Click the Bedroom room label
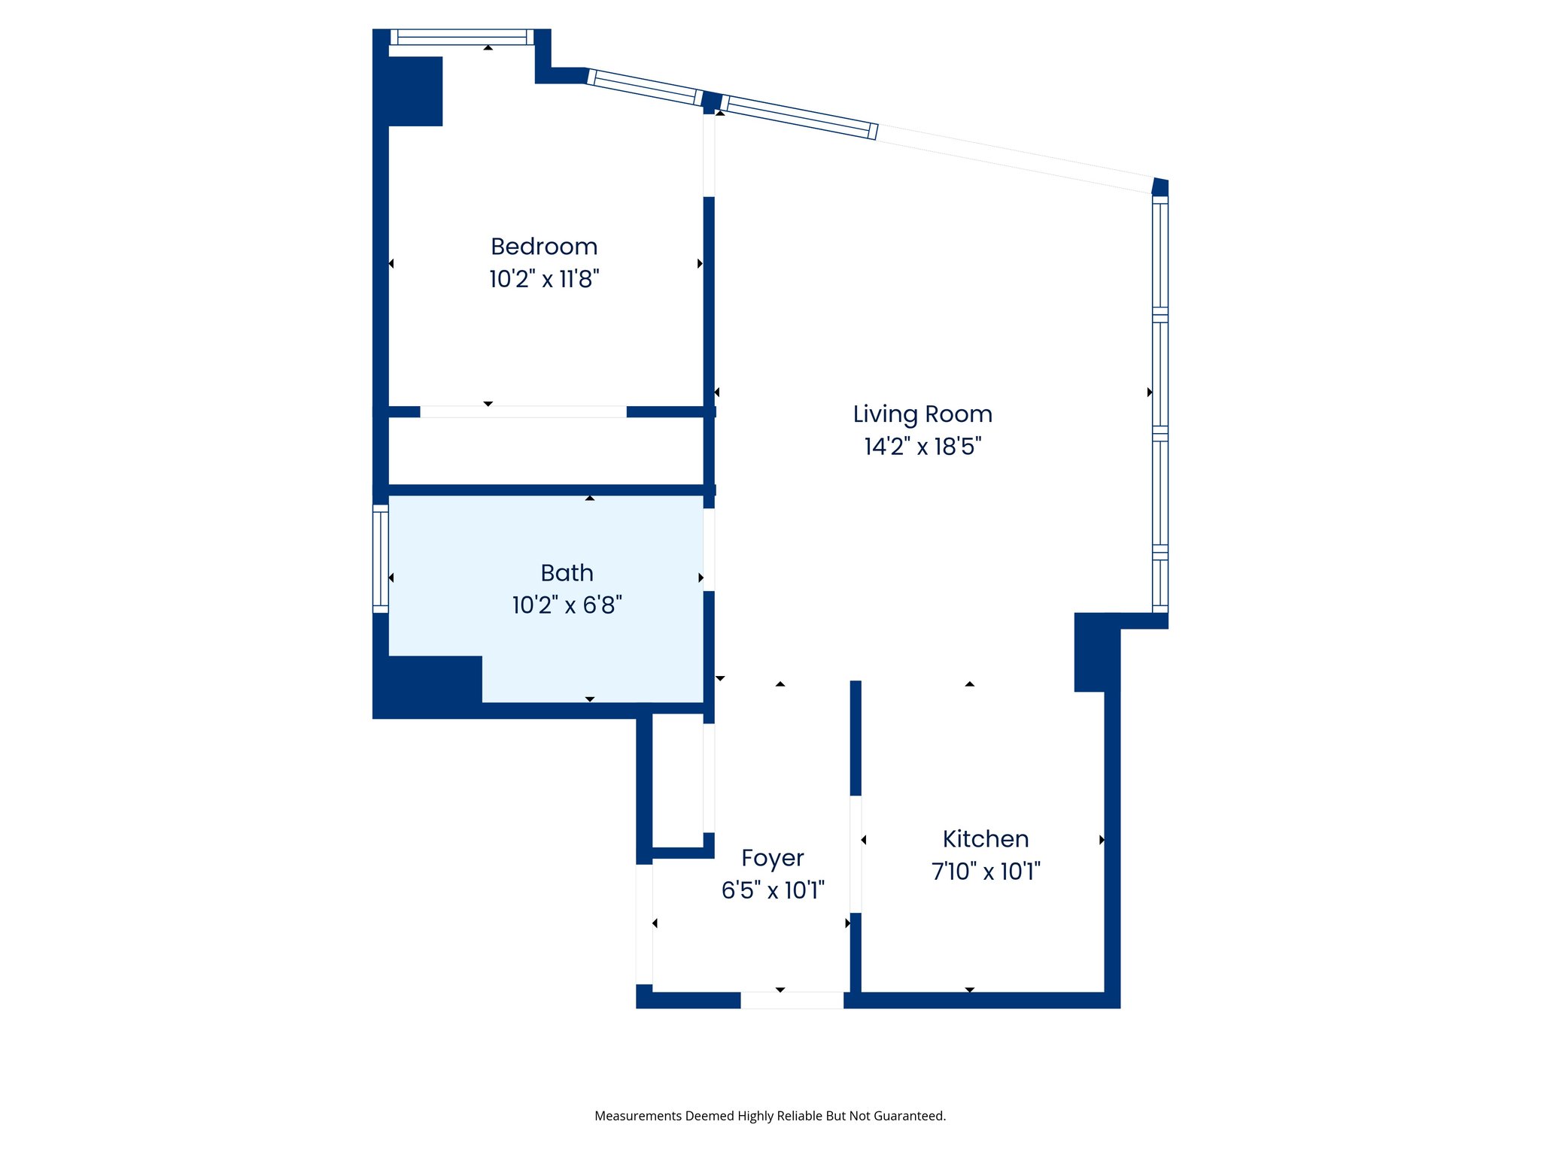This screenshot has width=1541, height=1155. click(543, 247)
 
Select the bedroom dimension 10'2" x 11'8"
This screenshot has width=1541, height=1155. click(543, 279)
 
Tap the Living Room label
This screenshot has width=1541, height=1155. click(922, 414)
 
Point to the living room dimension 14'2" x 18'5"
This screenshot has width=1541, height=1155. click(922, 447)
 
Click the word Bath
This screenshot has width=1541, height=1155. click(567, 573)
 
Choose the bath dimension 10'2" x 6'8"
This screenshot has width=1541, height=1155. click(567, 605)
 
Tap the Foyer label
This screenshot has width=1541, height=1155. click(772, 858)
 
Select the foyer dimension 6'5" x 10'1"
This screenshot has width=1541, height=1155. click(772, 890)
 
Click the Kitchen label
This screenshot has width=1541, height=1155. click(985, 839)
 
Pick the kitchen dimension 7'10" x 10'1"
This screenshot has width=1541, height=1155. click(985, 872)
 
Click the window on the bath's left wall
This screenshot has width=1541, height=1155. click(381, 558)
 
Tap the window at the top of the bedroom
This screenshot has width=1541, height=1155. click(461, 37)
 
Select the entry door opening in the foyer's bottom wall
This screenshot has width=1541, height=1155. click(792, 1000)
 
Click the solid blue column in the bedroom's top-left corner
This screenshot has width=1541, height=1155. click(415, 91)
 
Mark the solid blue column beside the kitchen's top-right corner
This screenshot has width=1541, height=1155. click(1096, 652)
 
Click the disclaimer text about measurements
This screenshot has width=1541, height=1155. click(770, 1116)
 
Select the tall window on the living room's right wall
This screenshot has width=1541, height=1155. click(1160, 405)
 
